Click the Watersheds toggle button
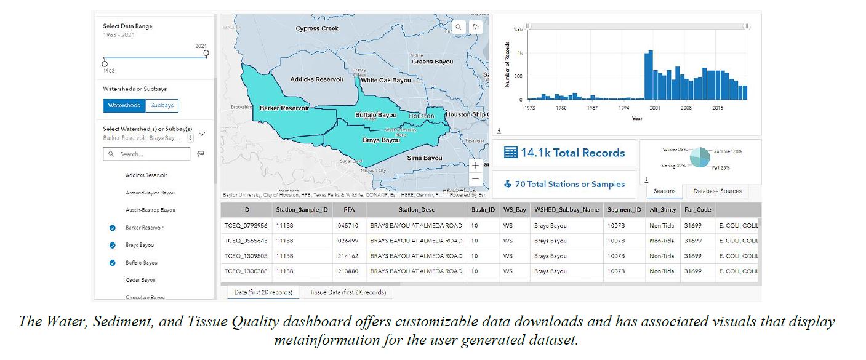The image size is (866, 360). click(x=124, y=105)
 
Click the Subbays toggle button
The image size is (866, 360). click(x=162, y=105)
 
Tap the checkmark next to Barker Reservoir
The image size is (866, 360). click(x=112, y=228)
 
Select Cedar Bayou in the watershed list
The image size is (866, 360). click(x=140, y=280)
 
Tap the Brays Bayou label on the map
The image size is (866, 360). click(x=381, y=140)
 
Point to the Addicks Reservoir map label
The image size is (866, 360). click(x=316, y=79)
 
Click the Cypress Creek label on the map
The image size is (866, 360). click(x=317, y=28)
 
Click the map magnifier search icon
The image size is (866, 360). click(x=459, y=27)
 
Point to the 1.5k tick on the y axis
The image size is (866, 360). click(x=518, y=30)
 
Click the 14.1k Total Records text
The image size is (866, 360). click(x=564, y=153)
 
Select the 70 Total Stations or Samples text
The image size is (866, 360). click(x=564, y=184)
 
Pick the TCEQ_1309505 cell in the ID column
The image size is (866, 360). click(x=246, y=256)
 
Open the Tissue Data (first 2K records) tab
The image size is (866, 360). click(x=348, y=292)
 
